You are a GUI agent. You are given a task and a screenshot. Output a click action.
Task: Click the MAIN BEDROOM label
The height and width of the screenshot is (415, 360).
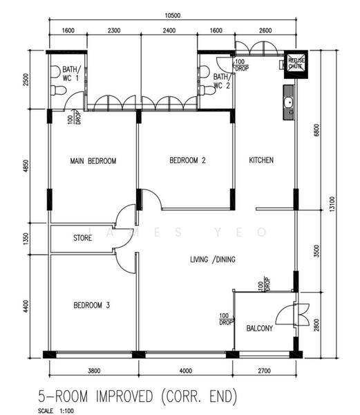[93, 160]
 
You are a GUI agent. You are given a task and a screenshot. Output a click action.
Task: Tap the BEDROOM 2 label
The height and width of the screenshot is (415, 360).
[187, 160]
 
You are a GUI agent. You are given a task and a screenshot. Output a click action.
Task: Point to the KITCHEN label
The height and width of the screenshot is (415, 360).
[261, 160]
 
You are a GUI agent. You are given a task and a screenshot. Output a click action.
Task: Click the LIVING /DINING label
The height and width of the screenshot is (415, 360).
[213, 260]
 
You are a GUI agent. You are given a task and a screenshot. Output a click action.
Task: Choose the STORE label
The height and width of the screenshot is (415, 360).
[83, 239]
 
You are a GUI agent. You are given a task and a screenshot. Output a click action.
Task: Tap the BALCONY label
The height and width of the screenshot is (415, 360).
[259, 329]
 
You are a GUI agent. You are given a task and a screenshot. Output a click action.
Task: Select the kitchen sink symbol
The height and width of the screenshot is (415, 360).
[288, 104]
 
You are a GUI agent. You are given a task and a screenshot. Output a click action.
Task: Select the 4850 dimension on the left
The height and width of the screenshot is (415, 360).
[26, 168]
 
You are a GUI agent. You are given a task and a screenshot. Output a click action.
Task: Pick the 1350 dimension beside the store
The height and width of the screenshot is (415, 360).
[26, 239]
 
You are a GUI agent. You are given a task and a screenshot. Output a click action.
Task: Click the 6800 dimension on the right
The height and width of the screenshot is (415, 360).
[316, 129]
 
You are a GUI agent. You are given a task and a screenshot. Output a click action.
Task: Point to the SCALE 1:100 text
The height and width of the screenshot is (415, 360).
[57, 411]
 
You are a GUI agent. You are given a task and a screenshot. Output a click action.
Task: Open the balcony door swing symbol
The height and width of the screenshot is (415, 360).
[300, 317]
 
